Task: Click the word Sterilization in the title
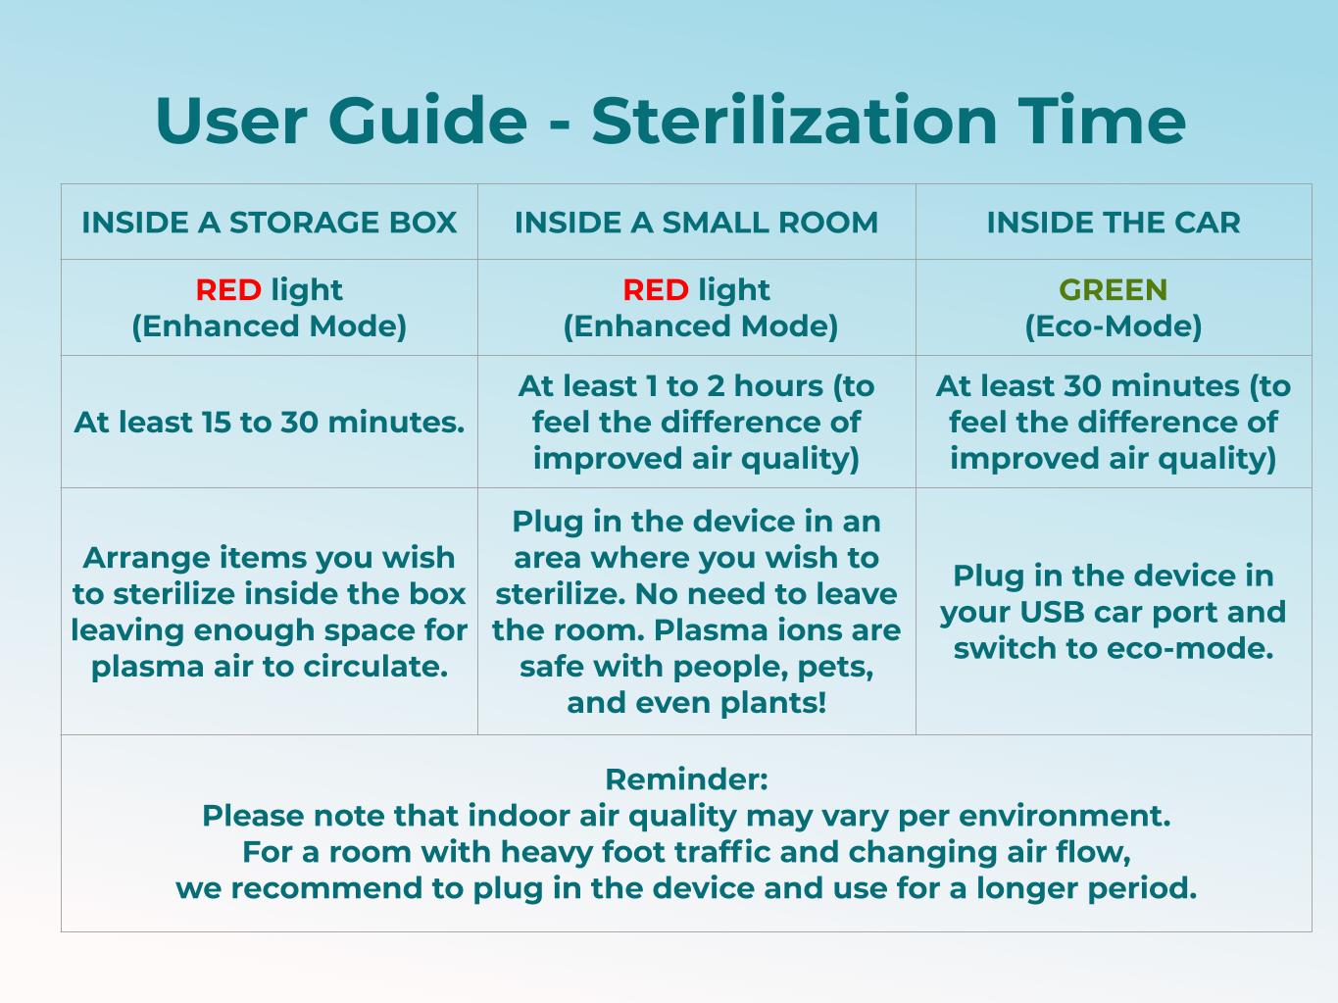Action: click(794, 121)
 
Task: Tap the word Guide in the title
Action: click(427, 121)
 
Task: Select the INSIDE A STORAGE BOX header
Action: click(269, 222)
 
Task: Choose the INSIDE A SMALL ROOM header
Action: click(696, 222)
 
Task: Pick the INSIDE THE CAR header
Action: click(1114, 222)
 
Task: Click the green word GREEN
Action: click(1114, 289)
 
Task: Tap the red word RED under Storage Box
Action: click(228, 289)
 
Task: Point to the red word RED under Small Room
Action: click(656, 289)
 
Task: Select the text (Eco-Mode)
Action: click(1114, 326)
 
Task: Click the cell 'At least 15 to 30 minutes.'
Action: click(269, 422)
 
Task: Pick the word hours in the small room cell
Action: click(778, 386)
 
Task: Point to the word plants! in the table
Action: click(773, 702)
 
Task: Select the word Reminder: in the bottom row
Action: click(686, 779)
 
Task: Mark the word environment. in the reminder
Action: click(1065, 816)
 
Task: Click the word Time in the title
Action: click(1102, 121)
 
